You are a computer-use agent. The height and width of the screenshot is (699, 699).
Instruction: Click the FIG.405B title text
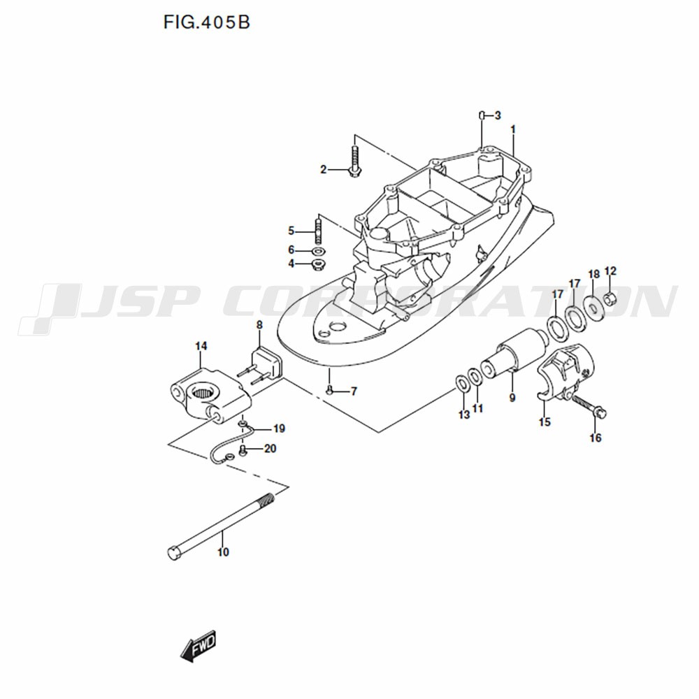tap(206, 22)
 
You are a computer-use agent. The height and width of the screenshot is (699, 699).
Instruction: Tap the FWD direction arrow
tap(198, 645)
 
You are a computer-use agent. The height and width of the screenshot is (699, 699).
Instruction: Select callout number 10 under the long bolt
tap(223, 552)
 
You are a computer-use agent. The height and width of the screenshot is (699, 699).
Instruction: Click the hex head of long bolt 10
tap(173, 553)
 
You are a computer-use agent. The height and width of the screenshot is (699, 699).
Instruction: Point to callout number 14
tap(201, 346)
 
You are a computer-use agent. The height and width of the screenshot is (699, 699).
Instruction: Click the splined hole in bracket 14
tap(206, 393)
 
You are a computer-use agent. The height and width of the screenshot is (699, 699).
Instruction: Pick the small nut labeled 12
tap(610, 298)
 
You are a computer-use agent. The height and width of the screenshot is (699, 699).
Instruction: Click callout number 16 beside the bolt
tap(595, 438)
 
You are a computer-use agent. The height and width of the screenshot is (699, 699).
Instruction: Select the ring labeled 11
tap(475, 377)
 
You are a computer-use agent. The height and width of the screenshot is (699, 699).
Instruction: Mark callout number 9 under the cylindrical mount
tap(512, 397)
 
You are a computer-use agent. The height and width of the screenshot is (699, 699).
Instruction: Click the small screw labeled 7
tap(329, 391)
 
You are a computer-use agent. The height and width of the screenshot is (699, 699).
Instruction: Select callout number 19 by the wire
tap(279, 429)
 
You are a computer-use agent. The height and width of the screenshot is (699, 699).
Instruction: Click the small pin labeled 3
tap(482, 115)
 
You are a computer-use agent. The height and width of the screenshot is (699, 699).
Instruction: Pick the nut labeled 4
tap(317, 264)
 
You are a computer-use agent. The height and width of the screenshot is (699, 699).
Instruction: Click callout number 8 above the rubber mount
tap(259, 326)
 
